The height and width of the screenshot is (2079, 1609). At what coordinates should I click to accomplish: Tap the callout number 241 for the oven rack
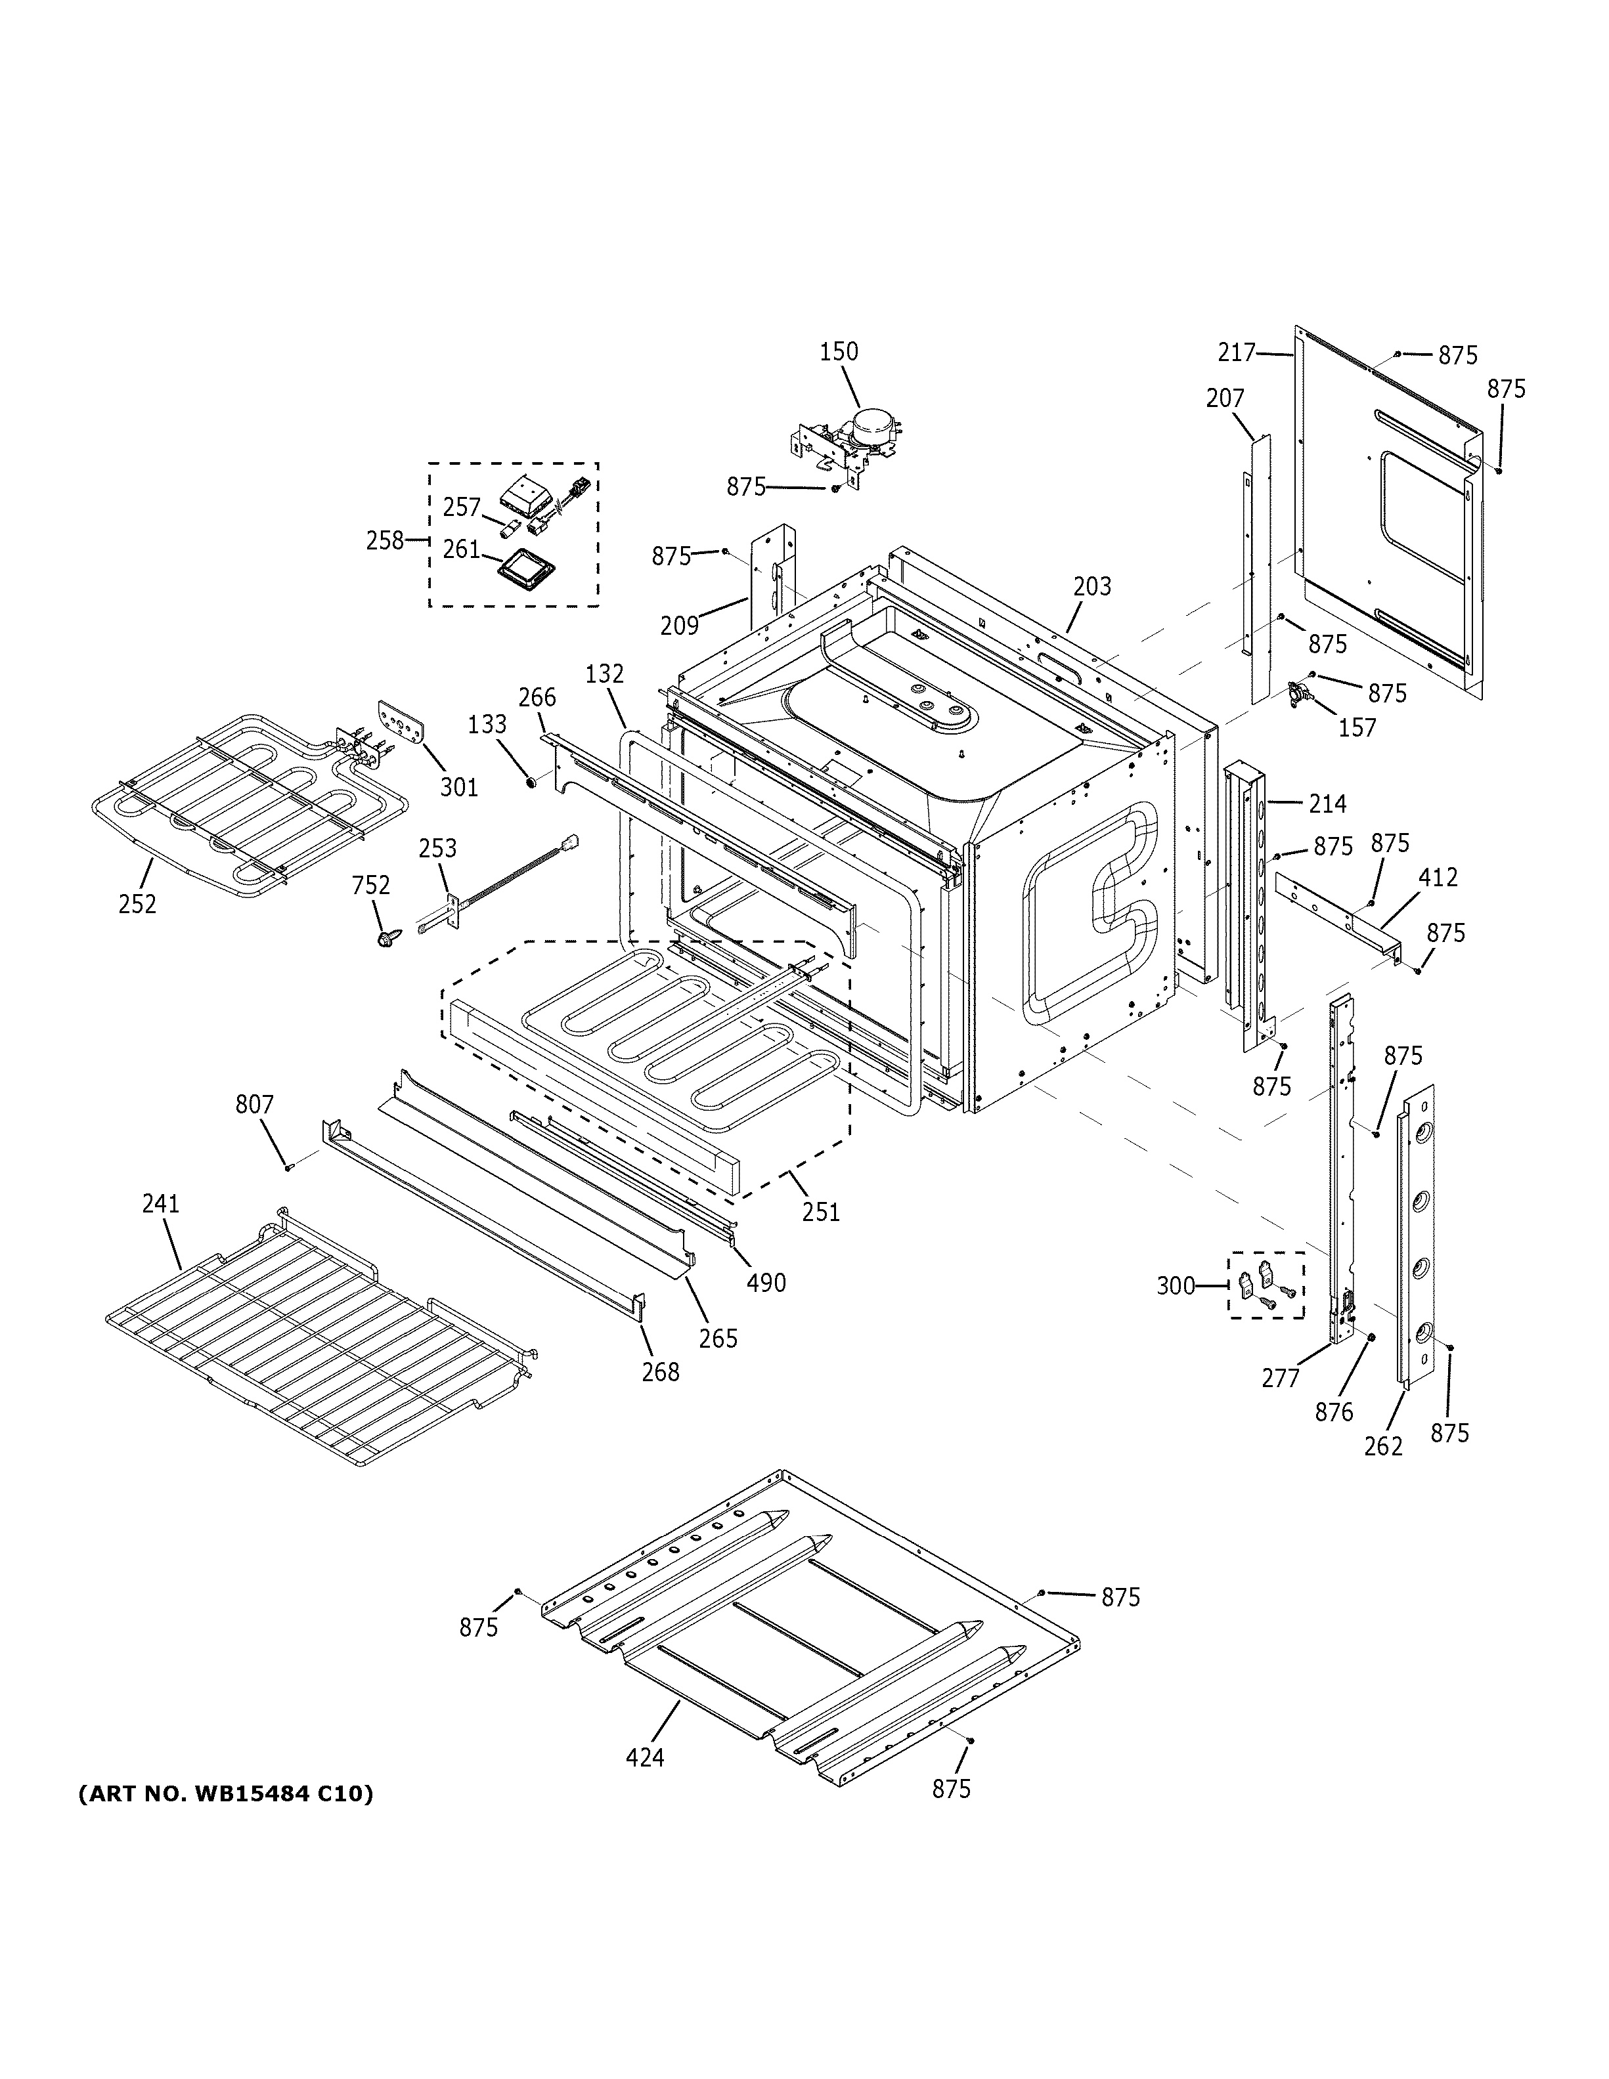(160, 1203)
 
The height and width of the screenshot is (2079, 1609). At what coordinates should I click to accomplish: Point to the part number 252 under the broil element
(137, 903)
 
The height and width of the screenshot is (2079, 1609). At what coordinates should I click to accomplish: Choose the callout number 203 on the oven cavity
(1092, 586)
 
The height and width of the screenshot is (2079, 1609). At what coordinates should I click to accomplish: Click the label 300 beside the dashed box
(1175, 1286)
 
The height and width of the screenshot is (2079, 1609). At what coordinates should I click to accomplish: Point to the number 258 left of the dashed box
(385, 541)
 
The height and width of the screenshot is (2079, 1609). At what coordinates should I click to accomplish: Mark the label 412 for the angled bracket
(1438, 877)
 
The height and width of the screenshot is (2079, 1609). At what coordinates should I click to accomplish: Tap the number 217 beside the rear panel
(1237, 353)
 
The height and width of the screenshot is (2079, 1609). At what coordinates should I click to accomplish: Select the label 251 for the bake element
(821, 1211)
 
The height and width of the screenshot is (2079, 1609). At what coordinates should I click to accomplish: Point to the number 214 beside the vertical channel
(1327, 804)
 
